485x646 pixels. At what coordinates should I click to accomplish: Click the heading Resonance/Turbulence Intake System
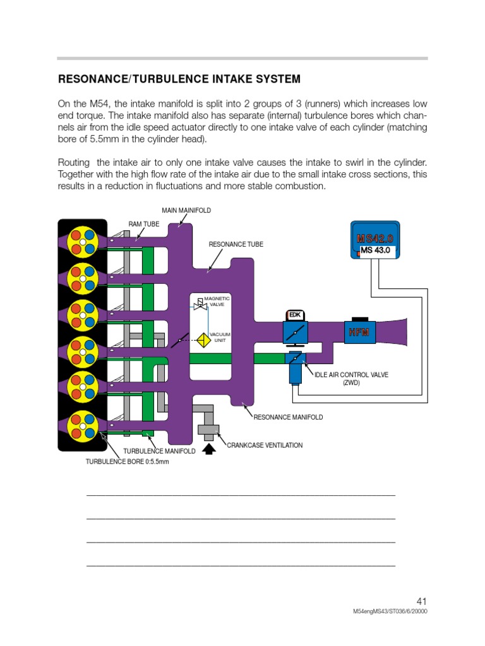pyautogui.click(x=179, y=79)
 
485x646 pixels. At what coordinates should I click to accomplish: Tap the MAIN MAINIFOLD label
pyautogui.click(x=186, y=210)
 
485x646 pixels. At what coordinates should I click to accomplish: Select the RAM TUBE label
pyautogui.click(x=144, y=223)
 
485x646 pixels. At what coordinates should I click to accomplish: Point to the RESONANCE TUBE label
pyautogui.click(x=236, y=244)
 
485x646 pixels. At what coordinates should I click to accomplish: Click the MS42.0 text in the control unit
pyautogui.click(x=374, y=238)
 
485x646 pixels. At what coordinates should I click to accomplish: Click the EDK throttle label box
pyautogui.click(x=295, y=314)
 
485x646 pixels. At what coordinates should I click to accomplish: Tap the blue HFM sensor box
pyautogui.click(x=359, y=332)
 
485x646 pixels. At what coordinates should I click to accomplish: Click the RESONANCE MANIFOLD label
pyautogui.click(x=288, y=417)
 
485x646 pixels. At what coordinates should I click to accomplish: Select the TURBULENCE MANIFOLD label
pyautogui.click(x=159, y=451)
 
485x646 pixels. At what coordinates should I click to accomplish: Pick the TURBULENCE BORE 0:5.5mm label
pyautogui.click(x=128, y=462)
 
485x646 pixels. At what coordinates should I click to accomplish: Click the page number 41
pyautogui.click(x=422, y=602)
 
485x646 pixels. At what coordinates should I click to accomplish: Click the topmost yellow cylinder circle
pyautogui.click(x=83, y=241)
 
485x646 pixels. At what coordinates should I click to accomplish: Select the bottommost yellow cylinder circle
pyautogui.click(x=83, y=425)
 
